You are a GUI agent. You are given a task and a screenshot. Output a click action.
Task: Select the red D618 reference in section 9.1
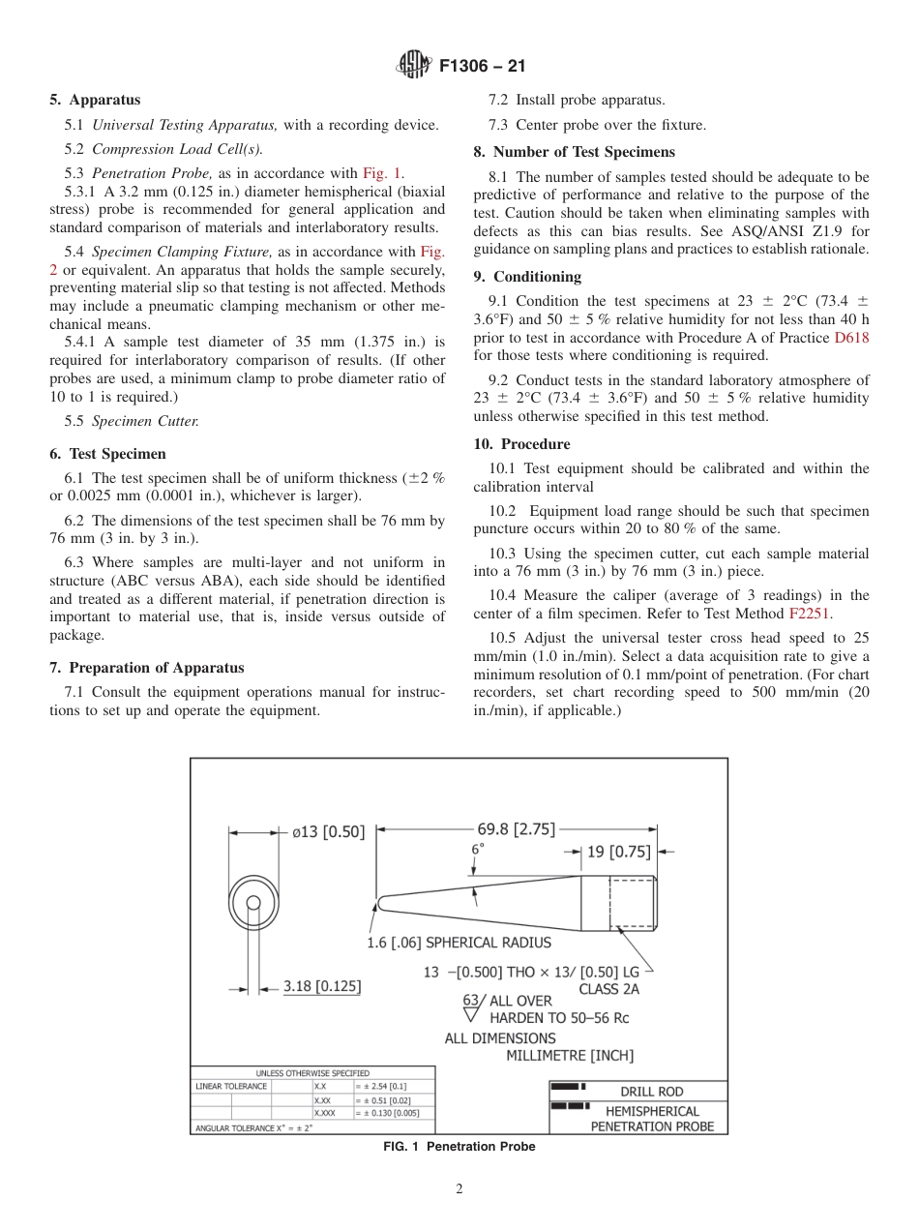[851, 338]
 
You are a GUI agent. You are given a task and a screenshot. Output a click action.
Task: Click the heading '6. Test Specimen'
[107, 454]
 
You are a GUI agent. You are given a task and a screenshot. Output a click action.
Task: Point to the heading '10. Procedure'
[521, 444]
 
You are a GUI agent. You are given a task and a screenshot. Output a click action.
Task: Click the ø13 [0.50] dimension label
[328, 830]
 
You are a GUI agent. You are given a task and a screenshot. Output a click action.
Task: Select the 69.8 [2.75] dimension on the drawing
[516, 828]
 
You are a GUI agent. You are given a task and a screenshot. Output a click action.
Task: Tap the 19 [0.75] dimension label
[619, 852]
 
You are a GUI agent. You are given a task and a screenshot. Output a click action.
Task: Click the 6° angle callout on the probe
[477, 849]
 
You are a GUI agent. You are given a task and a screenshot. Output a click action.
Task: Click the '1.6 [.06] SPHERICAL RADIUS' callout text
[459, 943]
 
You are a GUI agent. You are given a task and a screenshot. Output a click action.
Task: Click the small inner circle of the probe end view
[253, 903]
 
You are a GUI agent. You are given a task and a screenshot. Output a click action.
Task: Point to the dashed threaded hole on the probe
[633, 902]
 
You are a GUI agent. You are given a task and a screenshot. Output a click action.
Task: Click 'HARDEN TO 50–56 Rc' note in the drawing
[559, 1018]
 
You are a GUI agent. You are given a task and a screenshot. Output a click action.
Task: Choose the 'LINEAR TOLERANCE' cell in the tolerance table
[231, 1086]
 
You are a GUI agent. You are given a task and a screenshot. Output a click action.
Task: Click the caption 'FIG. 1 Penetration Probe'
[459, 1147]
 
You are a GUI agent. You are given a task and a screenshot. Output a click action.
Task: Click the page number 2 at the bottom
[459, 1189]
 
